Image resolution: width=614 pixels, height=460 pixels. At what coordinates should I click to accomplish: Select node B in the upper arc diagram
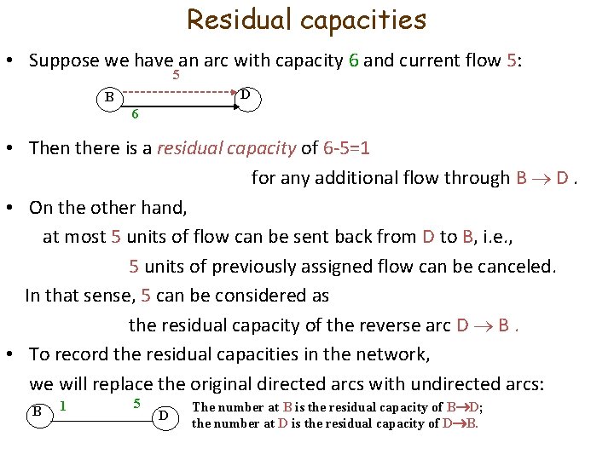coord(109,96)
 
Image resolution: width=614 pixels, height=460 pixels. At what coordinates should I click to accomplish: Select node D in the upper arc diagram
coord(246,95)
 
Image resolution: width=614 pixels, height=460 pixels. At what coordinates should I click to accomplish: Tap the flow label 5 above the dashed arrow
coord(176,75)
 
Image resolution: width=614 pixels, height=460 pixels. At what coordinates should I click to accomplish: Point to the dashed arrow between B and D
coord(179,91)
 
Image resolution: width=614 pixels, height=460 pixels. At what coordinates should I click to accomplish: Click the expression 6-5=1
coord(347,148)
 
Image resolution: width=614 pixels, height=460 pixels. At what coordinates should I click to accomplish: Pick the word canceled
coord(516,266)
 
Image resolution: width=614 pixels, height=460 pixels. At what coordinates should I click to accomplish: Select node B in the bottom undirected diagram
coord(38,411)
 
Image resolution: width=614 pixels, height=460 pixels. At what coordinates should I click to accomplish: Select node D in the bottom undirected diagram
coord(165,416)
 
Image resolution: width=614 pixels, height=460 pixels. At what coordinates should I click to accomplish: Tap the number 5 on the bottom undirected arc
coord(136,401)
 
